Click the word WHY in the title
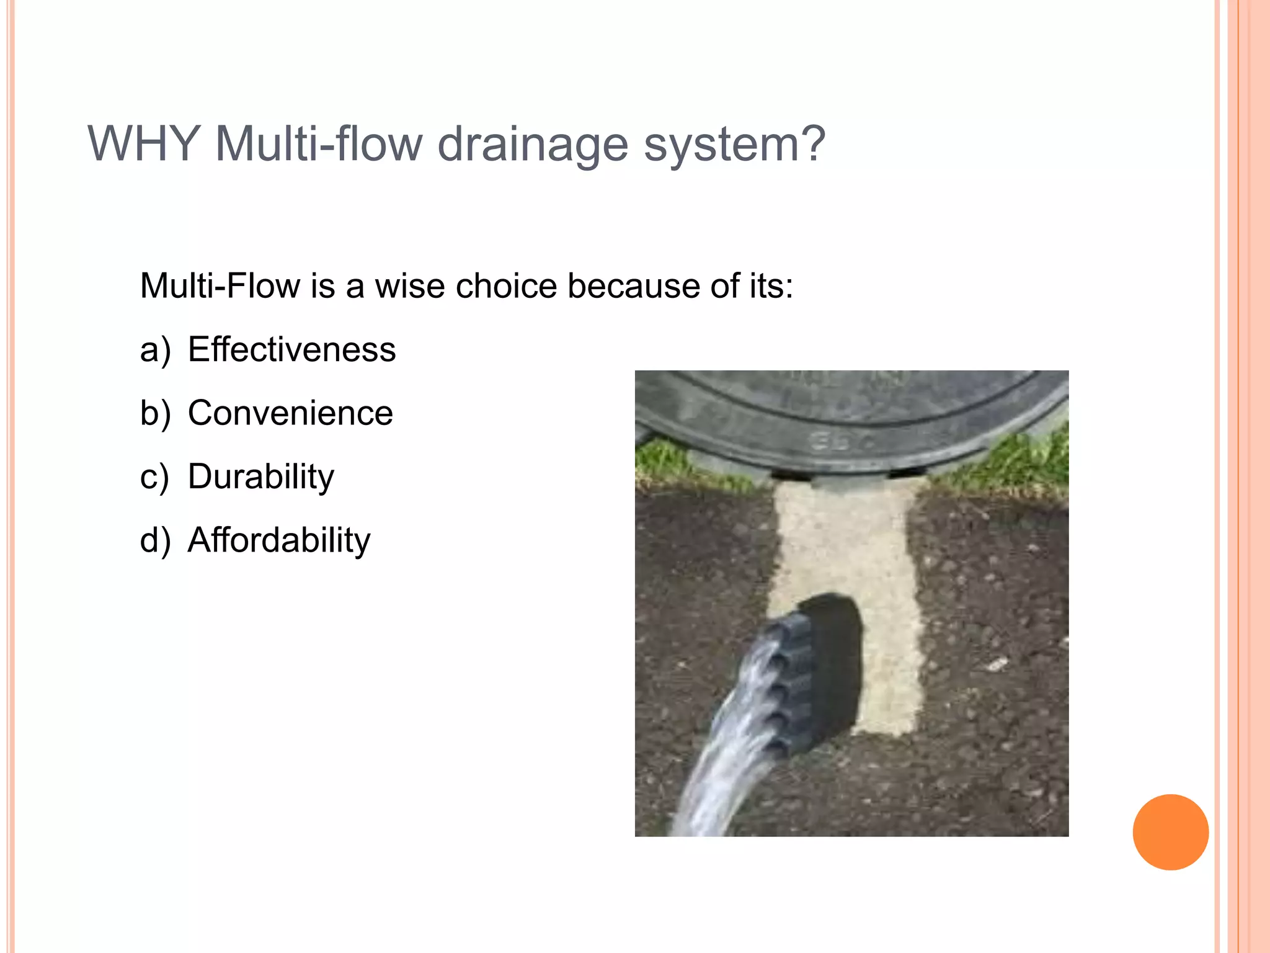(x=144, y=144)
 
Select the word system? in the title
(x=735, y=145)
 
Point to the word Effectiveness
(x=291, y=349)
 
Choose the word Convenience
(x=290, y=413)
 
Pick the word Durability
(x=260, y=476)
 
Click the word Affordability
(x=279, y=540)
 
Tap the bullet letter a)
(x=155, y=351)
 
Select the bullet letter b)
(x=155, y=414)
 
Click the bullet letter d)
(x=155, y=540)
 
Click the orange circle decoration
(x=1170, y=832)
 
